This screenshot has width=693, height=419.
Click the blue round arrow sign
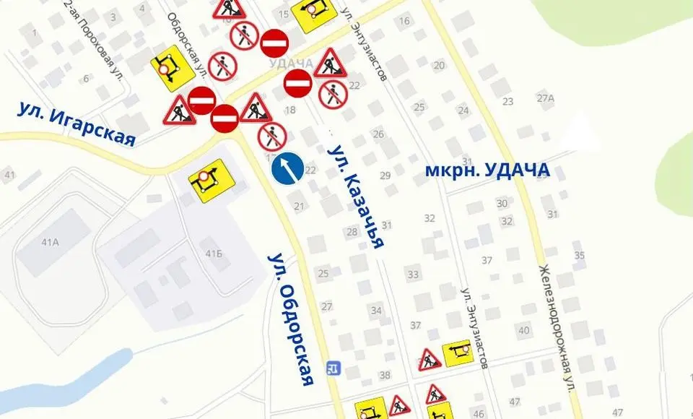point(287,168)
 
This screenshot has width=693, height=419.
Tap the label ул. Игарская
point(77,124)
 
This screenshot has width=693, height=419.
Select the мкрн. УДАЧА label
point(487,170)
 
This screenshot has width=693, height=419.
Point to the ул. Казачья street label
point(356,196)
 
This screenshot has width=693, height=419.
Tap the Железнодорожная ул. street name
point(557,328)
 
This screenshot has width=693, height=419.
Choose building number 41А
point(50,242)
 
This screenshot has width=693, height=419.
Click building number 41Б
point(213,254)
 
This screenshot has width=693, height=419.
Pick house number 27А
point(545,98)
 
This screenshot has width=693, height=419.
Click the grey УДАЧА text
point(290,64)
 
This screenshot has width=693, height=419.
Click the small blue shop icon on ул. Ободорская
point(333,368)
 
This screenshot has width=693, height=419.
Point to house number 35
point(579,256)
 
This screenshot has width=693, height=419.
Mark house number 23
point(507,102)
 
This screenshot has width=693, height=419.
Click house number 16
point(404,21)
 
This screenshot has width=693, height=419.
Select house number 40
point(524,331)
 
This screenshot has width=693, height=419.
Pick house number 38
point(385,375)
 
